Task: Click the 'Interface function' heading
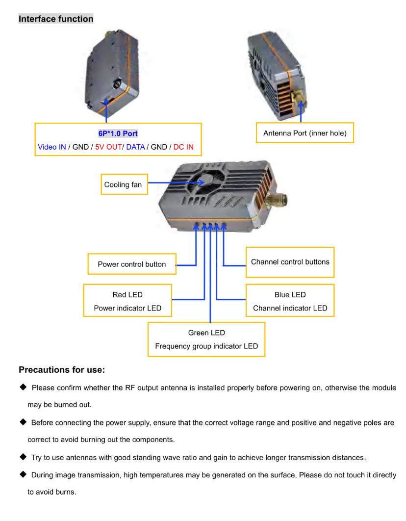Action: coord(56,19)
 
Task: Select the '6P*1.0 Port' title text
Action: coord(118,133)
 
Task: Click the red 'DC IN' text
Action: coord(187,147)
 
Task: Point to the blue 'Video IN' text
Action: coord(51,147)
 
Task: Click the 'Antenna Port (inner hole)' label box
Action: coord(304,133)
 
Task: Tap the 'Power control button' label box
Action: coord(131,264)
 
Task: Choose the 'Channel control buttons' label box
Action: coord(290,261)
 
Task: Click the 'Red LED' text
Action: coord(127,294)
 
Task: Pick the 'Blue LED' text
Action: coord(290,294)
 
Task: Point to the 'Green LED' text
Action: coord(206,333)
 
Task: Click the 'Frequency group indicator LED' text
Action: coord(206,346)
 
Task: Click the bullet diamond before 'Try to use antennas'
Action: coord(23,457)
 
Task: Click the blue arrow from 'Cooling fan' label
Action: coord(172,183)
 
